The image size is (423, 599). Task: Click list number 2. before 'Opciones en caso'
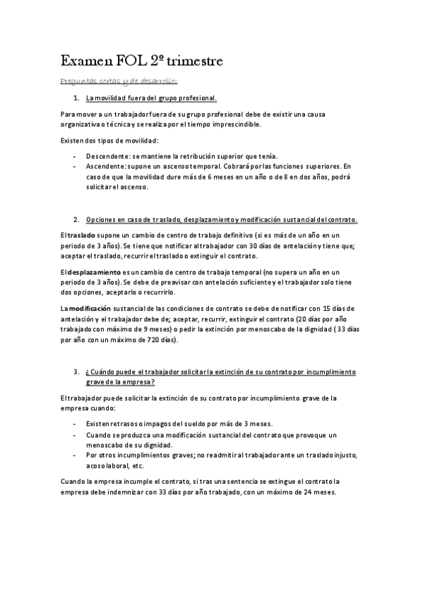76,220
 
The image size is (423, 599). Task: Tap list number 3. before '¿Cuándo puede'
76,372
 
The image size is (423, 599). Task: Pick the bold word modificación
91,308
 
